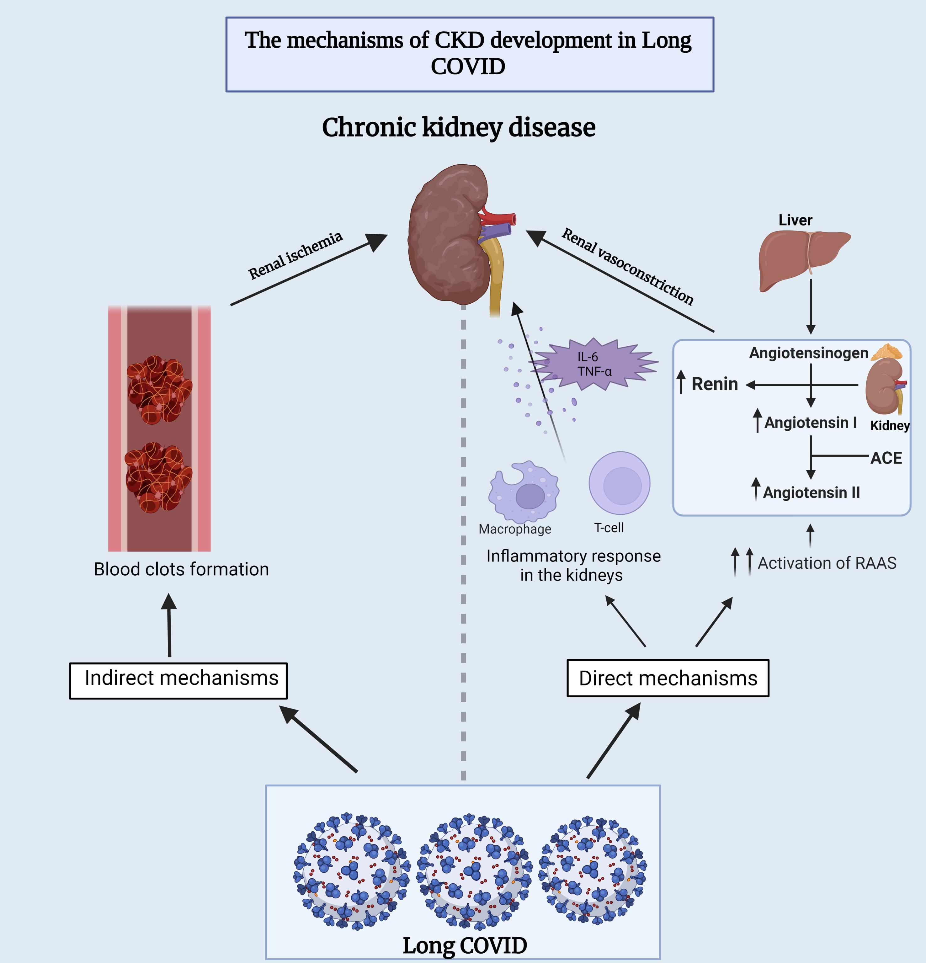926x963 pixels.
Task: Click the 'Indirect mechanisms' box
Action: point(178,680)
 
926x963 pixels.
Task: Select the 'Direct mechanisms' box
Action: point(668,678)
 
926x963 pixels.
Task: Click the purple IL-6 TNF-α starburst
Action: point(594,364)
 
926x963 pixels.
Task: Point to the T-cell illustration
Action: point(620,483)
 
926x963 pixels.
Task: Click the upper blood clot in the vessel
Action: point(159,389)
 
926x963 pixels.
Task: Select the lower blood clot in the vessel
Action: point(158,476)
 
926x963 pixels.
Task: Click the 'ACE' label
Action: point(886,458)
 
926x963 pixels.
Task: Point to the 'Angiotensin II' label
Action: point(811,492)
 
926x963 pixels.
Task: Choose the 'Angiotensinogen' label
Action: point(808,353)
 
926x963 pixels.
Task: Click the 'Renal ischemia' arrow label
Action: point(295,255)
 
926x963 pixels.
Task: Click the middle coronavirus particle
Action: point(474,871)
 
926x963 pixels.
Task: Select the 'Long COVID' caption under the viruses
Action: point(464,945)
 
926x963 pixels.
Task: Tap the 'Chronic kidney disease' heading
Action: point(458,127)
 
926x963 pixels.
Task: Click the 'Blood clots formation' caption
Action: point(181,569)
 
